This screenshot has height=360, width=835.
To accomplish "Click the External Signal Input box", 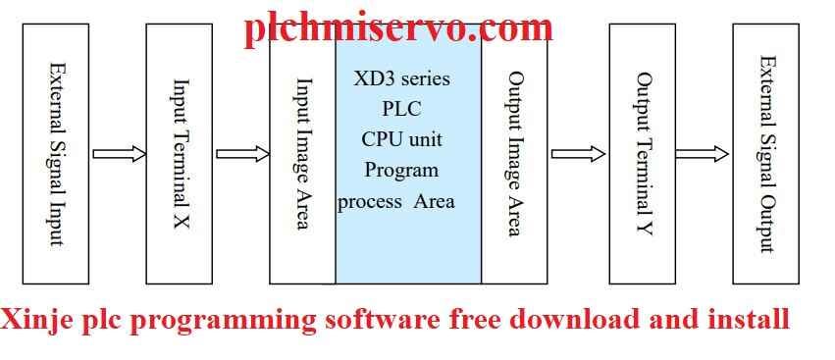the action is tap(56, 154).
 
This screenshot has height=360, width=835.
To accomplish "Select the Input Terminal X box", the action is tap(180, 154).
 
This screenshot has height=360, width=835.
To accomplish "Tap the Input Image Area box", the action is tap(302, 154).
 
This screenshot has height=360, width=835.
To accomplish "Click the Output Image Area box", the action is tap(514, 154).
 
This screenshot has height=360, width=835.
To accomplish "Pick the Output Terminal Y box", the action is tap(642, 154).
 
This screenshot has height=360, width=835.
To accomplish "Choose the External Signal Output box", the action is tap(766, 154).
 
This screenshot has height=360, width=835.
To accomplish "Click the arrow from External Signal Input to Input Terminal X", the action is tap(118, 154).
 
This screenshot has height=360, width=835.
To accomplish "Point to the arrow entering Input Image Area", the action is tap(241, 154).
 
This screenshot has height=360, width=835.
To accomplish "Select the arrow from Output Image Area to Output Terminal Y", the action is tap(578, 154).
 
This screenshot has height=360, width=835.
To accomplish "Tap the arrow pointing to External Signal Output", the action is tap(703, 154).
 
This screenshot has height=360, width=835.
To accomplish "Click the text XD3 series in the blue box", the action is tap(400, 77).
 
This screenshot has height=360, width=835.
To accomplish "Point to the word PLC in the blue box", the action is tap(400, 108).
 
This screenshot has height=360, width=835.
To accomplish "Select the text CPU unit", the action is tap(400, 138).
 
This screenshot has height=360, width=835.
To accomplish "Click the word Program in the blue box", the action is tap(400, 170).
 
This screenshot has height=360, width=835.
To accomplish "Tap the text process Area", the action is tap(396, 201).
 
